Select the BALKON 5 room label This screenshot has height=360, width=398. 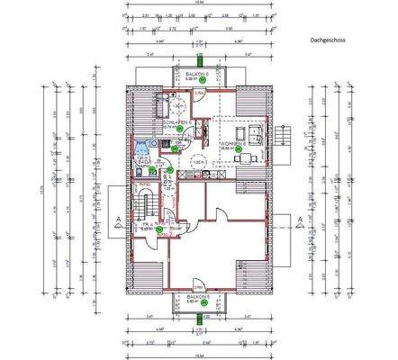tap(198, 296)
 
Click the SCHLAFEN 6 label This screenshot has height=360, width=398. tap(175, 121)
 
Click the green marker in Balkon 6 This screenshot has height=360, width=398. tap(204, 80)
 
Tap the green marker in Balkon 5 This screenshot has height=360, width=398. tap(204, 303)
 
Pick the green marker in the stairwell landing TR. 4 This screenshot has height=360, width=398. tap(159, 229)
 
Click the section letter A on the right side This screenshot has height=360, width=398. tap(288, 219)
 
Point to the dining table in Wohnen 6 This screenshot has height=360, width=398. tap(240, 160)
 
